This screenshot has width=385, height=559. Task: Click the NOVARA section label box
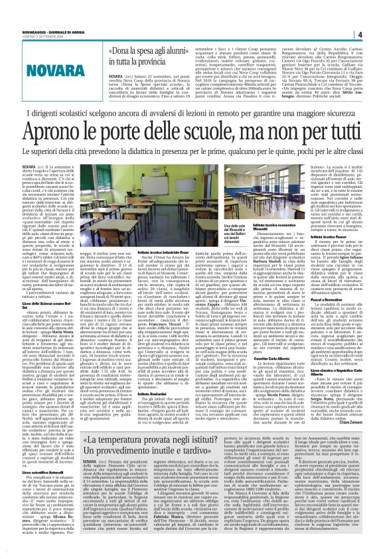pos(47,71)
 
